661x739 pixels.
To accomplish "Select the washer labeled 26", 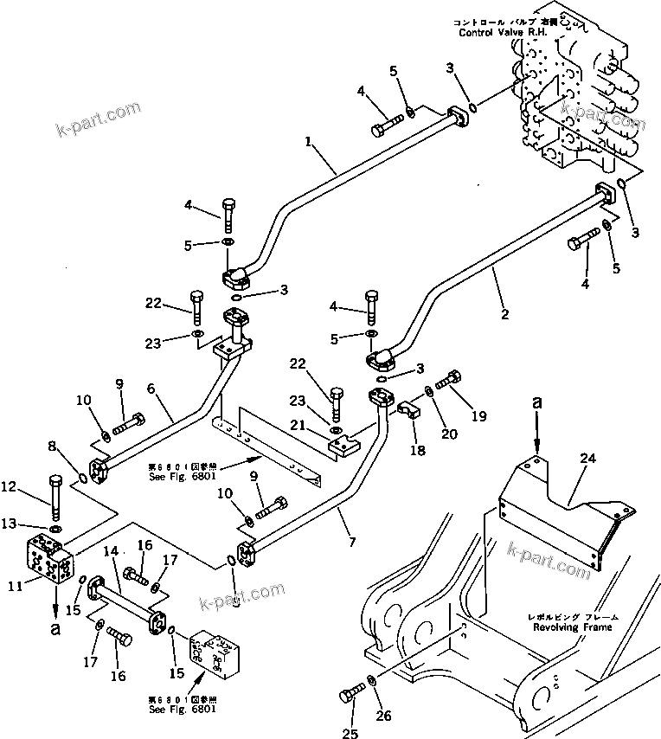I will point(371,678).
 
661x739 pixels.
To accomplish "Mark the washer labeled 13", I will point(55,528).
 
